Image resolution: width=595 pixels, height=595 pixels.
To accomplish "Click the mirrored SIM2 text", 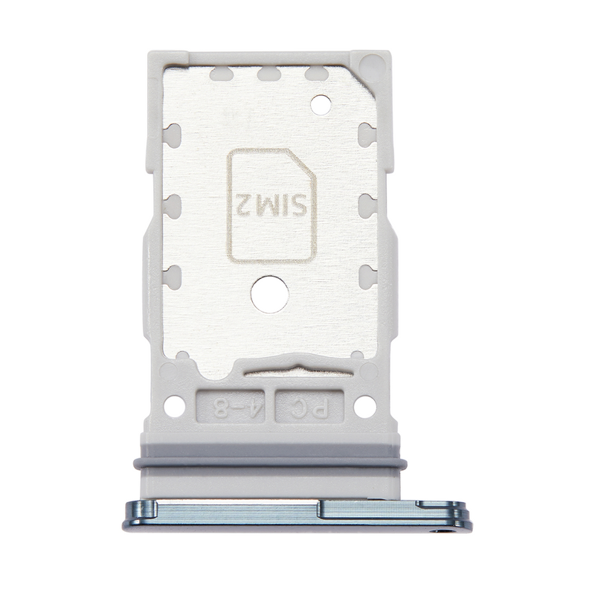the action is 271,205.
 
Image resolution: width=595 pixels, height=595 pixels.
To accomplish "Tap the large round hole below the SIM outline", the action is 270,295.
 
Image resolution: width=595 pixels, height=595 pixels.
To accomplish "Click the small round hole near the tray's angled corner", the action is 321,105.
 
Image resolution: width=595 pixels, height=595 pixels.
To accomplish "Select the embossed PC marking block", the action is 309,406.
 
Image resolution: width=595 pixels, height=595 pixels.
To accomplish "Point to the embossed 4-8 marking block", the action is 231,406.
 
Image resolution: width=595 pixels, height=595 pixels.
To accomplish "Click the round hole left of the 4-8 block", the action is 175,406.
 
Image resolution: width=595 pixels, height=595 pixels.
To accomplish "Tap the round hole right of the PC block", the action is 364,406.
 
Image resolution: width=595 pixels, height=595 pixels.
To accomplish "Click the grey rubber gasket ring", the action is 270,463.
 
